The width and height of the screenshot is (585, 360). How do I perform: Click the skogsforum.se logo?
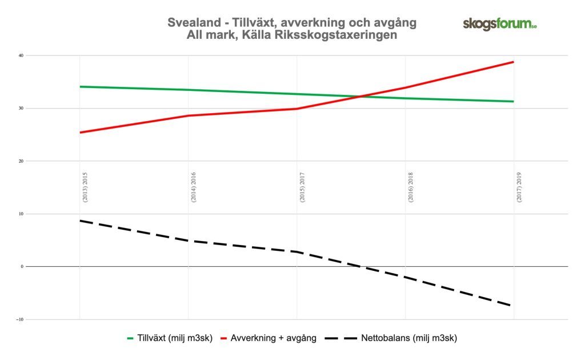click(499, 24)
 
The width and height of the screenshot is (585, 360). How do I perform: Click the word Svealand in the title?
click(192, 23)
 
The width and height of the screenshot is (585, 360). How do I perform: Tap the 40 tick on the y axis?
click(20, 55)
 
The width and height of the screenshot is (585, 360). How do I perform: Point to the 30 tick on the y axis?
click(20, 109)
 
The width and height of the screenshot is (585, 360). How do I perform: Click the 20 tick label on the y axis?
click(20, 161)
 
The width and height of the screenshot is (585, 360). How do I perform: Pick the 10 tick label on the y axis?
click(20, 214)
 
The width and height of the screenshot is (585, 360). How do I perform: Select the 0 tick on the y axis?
click(22, 266)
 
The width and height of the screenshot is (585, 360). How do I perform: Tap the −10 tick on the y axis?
click(19, 319)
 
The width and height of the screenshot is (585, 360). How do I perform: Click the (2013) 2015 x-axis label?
click(85, 187)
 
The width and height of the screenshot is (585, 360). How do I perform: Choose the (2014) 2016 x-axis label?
click(194, 187)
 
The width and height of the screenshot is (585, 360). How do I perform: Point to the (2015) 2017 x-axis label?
click(302, 187)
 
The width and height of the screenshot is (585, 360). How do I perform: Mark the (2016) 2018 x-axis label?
click(411, 187)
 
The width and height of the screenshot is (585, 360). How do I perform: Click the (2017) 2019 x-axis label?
click(519, 187)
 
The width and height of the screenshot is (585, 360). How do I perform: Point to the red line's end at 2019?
click(514, 62)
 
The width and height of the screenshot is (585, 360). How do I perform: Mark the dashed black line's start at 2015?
click(80, 221)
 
